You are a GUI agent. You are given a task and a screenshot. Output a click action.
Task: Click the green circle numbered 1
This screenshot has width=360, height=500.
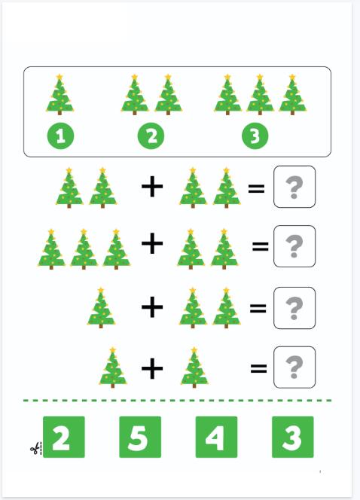[x=60, y=136]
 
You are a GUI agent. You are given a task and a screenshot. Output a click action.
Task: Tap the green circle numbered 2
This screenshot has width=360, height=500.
[x=151, y=136]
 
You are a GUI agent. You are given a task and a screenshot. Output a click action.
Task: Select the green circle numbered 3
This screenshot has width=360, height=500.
[x=255, y=136]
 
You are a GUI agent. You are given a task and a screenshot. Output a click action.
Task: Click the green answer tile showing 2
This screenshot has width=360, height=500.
[x=64, y=437]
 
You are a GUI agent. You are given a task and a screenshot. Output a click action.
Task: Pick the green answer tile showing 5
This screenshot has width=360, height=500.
[x=140, y=437]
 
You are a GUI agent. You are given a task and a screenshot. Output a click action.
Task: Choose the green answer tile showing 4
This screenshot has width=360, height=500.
[x=216, y=437]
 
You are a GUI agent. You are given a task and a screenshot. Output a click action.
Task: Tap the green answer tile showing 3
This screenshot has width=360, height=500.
[x=293, y=437]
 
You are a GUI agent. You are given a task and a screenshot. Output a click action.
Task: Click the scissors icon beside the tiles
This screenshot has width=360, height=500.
[x=35, y=449]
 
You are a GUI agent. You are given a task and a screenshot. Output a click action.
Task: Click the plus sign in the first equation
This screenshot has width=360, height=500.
[x=152, y=187]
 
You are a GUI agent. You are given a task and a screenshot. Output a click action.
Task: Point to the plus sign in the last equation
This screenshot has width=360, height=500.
[x=152, y=369]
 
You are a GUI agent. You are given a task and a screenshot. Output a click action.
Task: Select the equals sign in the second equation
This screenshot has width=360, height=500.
[x=261, y=246]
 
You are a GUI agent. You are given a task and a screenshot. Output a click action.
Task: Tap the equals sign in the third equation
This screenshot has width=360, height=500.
[x=258, y=308]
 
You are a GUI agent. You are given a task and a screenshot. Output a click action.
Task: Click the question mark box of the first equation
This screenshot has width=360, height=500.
[x=294, y=187]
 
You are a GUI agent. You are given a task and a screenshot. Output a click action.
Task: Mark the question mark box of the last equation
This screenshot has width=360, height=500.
[x=294, y=367]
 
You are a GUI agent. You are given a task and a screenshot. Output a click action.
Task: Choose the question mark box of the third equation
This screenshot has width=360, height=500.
[x=294, y=308]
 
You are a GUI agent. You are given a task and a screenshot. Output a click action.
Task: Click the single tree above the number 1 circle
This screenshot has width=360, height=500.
[x=59, y=95]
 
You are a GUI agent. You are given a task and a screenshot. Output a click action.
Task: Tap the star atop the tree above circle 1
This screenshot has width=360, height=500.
[x=59, y=77]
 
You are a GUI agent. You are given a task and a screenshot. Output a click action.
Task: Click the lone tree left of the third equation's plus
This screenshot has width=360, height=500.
[x=101, y=308]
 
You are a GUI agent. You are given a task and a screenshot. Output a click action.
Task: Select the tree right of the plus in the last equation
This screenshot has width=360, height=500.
[x=194, y=367]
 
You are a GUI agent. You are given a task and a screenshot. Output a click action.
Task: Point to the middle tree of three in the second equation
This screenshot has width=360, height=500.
[x=84, y=249]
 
